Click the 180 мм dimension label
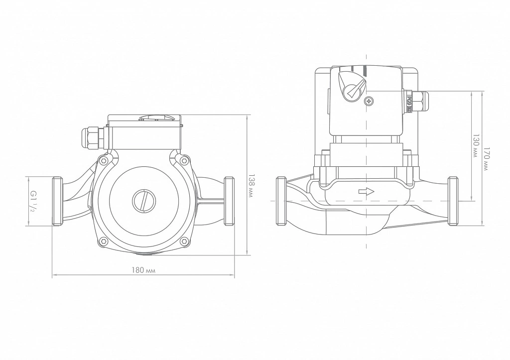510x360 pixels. tap(143, 270)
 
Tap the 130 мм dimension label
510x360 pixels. tap(476, 146)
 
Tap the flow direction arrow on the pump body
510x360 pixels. tap(367, 192)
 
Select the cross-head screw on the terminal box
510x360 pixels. tap(369, 102)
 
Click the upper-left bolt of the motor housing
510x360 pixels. tap(104, 160)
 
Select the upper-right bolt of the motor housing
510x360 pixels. tap(184, 160)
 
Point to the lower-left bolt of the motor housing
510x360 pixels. tap(104, 241)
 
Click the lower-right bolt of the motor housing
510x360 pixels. tap(184, 241)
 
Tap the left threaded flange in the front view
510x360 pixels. tap(57, 201)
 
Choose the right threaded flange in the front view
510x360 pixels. tap(229, 201)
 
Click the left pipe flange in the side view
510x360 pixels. tap(281, 201)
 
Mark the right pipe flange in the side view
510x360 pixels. tap(453, 201)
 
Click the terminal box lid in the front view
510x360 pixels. tap(144, 120)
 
